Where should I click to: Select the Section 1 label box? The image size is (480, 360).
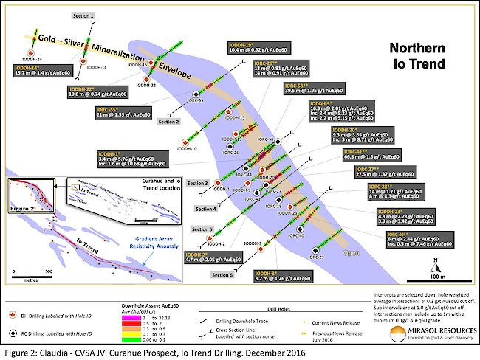83,15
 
